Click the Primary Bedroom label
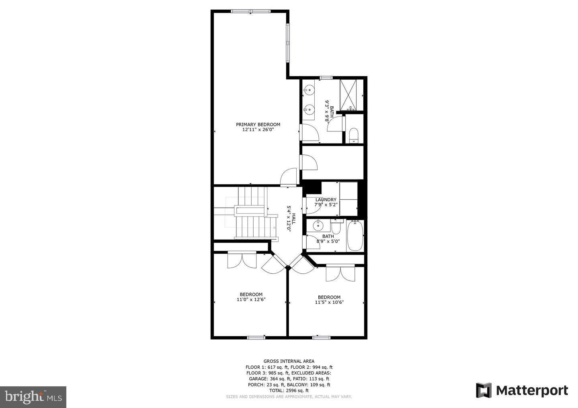click(x=258, y=124)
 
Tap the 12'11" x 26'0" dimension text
click(x=258, y=130)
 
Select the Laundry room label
click(x=326, y=200)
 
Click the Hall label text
click(x=293, y=218)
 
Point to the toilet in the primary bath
click(x=353, y=135)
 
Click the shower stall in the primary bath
click(x=351, y=95)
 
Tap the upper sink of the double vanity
click(x=309, y=90)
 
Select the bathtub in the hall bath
click(x=355, y=236)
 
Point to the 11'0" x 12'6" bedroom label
click(x=251, y=297)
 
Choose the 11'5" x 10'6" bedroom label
click(x=329, y=300)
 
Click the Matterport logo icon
click(x=484, y=390)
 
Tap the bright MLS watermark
click(x=33, y=397)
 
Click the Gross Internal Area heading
click(x=289, y=361)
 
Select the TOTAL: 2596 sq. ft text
click(x=289, y=390)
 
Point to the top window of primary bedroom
click(x=251, y=11)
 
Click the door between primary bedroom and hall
click(x=289, y=177)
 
